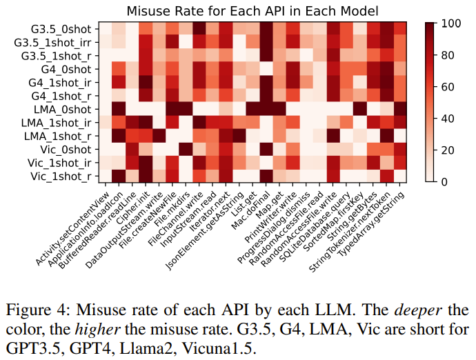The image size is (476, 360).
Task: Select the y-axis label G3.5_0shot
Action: [x=63, y=28]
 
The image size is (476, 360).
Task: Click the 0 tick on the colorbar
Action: [x=446, y=181]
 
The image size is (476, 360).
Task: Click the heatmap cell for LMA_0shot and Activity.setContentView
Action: [x=106, y=109]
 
